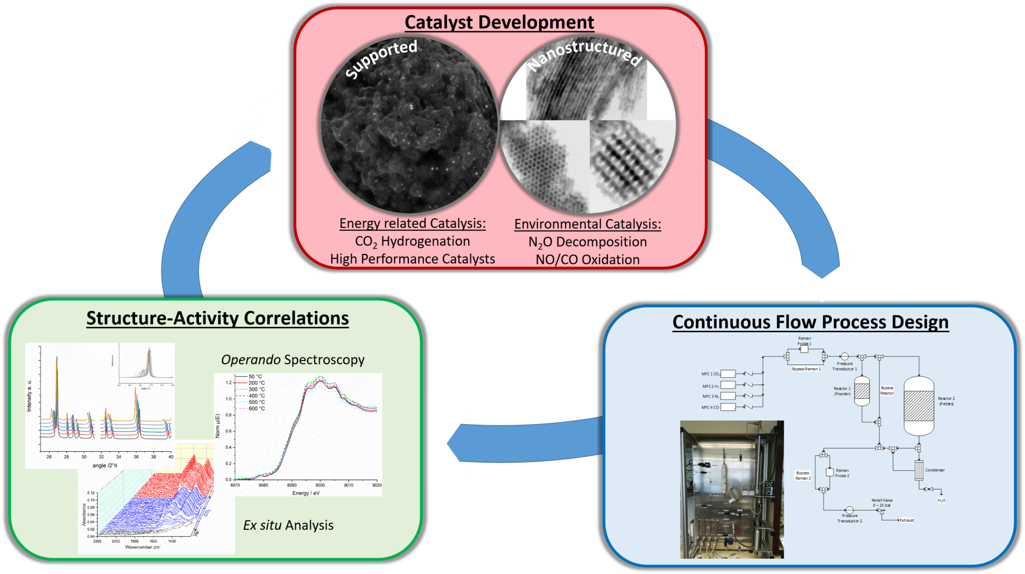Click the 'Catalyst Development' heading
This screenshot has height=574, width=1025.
click(x=499, y=23)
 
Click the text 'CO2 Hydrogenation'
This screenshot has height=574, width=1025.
click(x=412, y=241)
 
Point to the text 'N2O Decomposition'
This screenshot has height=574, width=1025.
click(x=587, y=242)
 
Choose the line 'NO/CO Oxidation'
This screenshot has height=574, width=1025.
click(x=587, y=260)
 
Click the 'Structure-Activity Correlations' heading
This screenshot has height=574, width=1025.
click(x=217, y=318)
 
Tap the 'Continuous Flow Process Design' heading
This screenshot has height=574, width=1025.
click(x=810, y=322)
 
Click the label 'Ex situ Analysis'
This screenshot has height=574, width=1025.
click(x=288, y=525)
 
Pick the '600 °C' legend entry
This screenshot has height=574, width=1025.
click(x=256, y=409)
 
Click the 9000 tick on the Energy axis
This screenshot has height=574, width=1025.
click(x=320, y=485)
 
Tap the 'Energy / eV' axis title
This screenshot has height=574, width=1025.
click(x=305, y=493)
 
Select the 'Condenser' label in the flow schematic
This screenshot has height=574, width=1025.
click(x=935, y=470)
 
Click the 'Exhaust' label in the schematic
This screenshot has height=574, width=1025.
click(x=907, y=520)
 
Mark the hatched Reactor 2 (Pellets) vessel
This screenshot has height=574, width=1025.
click(x=918, y=406)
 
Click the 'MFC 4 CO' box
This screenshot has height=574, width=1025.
click(x=728, y=407)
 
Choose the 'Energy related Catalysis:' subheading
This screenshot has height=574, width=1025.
click(x=412, y=223)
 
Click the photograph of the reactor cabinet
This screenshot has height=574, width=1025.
click(x=731, y=490)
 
